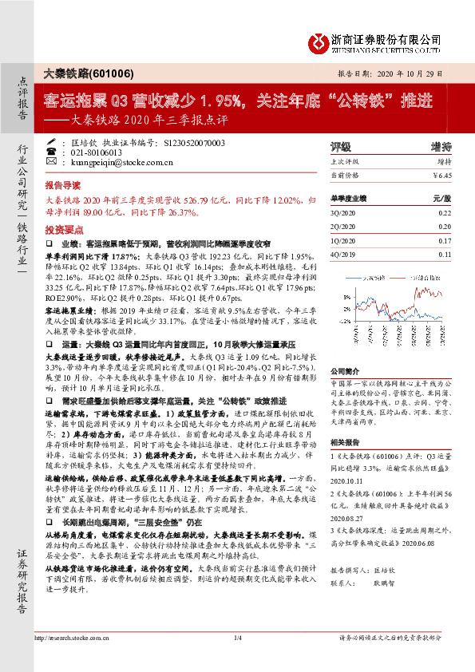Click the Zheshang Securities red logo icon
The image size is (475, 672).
point(319,40)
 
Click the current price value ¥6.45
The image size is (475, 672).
point(441,174)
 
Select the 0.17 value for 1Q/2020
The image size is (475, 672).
point(444,239)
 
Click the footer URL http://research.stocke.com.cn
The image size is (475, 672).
point(76,659)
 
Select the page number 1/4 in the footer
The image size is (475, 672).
point(237,659)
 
